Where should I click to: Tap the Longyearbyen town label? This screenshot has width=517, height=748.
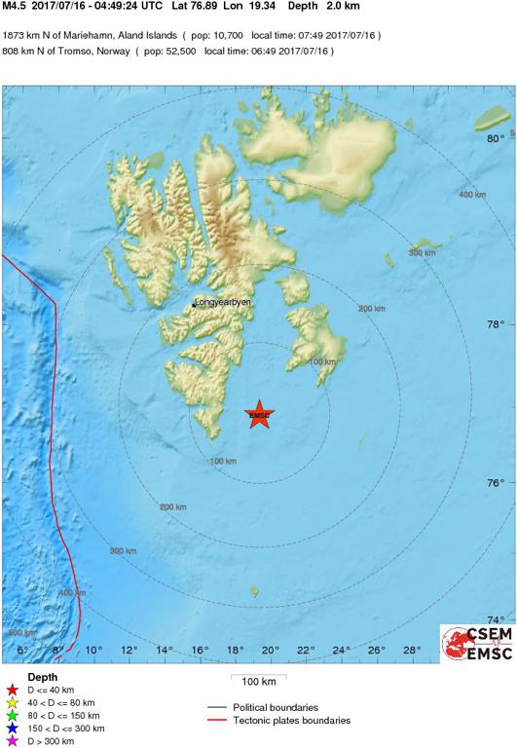point(223,303)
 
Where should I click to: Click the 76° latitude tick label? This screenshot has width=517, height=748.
point(495,484)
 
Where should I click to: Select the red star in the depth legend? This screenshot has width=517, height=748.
point(12,689)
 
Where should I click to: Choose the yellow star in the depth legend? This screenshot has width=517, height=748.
point(12,701)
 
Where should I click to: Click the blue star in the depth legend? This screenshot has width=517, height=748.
point(12,728)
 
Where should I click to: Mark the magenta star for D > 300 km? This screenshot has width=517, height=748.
point(12,741)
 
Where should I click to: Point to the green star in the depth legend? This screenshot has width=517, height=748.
point(12,715)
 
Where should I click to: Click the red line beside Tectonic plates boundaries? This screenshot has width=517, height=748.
point(223,721)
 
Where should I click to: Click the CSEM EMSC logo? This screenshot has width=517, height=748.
point(477,644)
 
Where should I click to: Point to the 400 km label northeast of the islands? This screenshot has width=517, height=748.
point(471,196)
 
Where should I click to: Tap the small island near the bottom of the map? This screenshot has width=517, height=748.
point(254,590)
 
